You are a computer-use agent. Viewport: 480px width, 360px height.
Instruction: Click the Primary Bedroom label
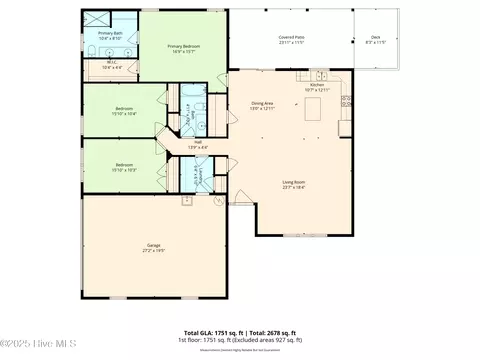181,46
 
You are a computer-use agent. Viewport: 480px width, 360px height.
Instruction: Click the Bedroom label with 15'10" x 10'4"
124,110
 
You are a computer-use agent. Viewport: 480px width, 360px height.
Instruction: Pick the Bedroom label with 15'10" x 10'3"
124,166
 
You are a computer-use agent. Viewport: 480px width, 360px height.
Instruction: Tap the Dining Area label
263,104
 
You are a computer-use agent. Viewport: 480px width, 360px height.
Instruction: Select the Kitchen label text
318,86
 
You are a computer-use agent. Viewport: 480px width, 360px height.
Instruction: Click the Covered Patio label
292,39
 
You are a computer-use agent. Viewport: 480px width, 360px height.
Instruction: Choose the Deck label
376,39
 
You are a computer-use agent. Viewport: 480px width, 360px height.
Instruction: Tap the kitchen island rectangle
321,105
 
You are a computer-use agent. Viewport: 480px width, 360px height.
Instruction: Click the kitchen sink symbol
320,74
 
